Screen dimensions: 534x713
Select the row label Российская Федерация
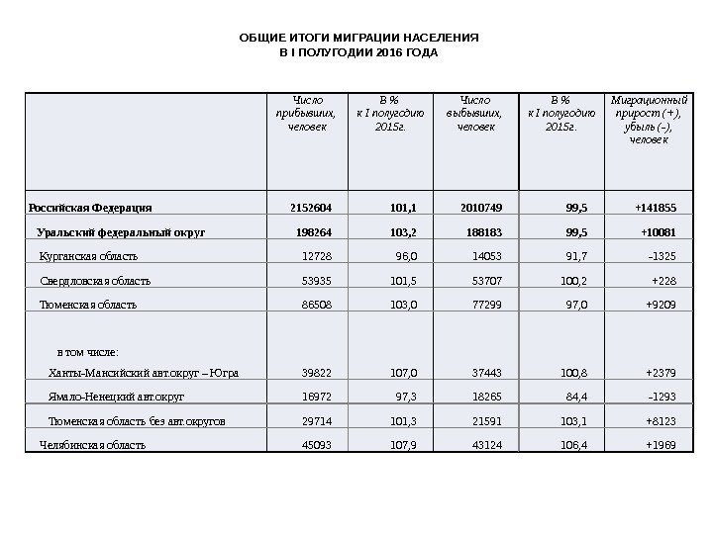(90, 209)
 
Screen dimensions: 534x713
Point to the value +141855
(656, 209)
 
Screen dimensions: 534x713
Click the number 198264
(315, 233)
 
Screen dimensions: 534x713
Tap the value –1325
(661, 257)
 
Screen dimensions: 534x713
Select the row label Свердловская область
(96, 281)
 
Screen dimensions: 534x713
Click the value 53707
(487, 281)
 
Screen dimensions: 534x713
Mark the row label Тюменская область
(87, 306)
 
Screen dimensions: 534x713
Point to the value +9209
(661, 306)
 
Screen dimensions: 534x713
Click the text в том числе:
(89, 351)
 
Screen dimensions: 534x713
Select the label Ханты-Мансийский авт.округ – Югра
(144, 374)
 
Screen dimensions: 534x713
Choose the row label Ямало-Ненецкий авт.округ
(117, 398)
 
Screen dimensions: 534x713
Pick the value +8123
(661, 421)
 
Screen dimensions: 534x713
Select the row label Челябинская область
(92, 445)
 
